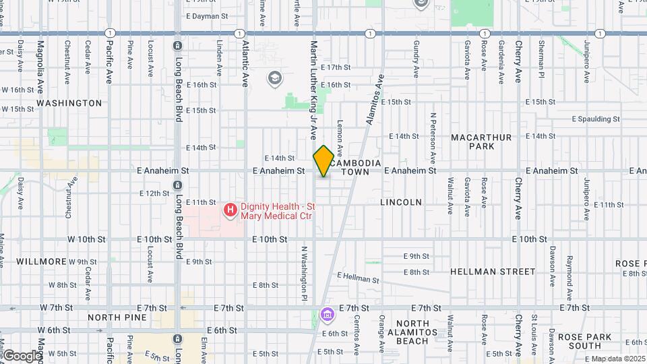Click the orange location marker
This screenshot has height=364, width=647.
(x=323, y=161)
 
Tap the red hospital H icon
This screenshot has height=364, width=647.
(x=230, y=210)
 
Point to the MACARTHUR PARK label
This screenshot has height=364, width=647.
(x=482, y=142)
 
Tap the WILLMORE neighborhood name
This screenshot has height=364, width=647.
(x=42, y=261)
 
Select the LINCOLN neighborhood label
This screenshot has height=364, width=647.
(x=401, y=202)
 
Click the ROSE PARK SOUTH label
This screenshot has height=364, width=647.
(x=584, y=341)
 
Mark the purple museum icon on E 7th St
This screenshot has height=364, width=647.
(x=328, y=314)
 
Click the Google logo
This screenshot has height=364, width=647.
(x=22, y=356)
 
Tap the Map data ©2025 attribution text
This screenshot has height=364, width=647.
(x=618, y=359)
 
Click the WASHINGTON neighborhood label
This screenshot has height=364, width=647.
(x=69, y=103)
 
